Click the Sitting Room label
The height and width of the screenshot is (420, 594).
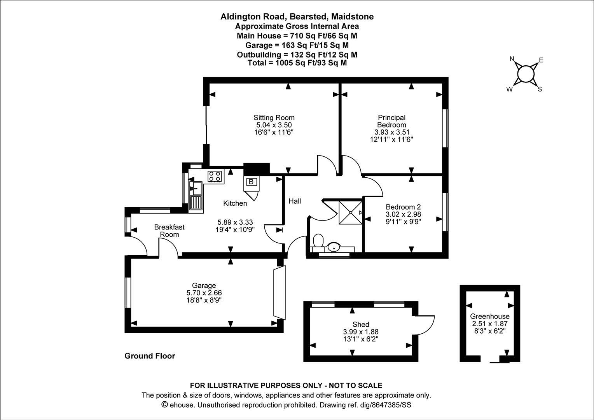coord(274,117)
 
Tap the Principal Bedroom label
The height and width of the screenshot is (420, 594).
coord(391,121)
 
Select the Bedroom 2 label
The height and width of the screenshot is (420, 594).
coord(403,207)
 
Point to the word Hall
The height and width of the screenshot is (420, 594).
coord(295,201)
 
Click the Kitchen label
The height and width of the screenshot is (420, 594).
coord(235,203)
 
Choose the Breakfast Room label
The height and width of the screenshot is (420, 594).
coord(169,231)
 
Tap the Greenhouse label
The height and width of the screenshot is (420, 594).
coord(489,316)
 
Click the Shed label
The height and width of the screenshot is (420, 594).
coord(361,324)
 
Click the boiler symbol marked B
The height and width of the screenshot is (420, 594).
coord(251,182)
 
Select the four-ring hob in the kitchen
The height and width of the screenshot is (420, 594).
coord(215,176)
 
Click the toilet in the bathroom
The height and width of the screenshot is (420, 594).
coord(318,240)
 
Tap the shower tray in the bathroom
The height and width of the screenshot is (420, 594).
coord(351,213)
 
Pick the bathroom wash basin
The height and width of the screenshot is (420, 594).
coord(334,247)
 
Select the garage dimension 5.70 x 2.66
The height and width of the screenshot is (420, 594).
coord(204,293)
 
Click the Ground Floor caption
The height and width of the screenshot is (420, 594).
coord(150,356)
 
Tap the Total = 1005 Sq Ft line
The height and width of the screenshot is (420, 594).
coord(297,63)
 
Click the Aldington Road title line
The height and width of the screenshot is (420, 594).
coord(297,16)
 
